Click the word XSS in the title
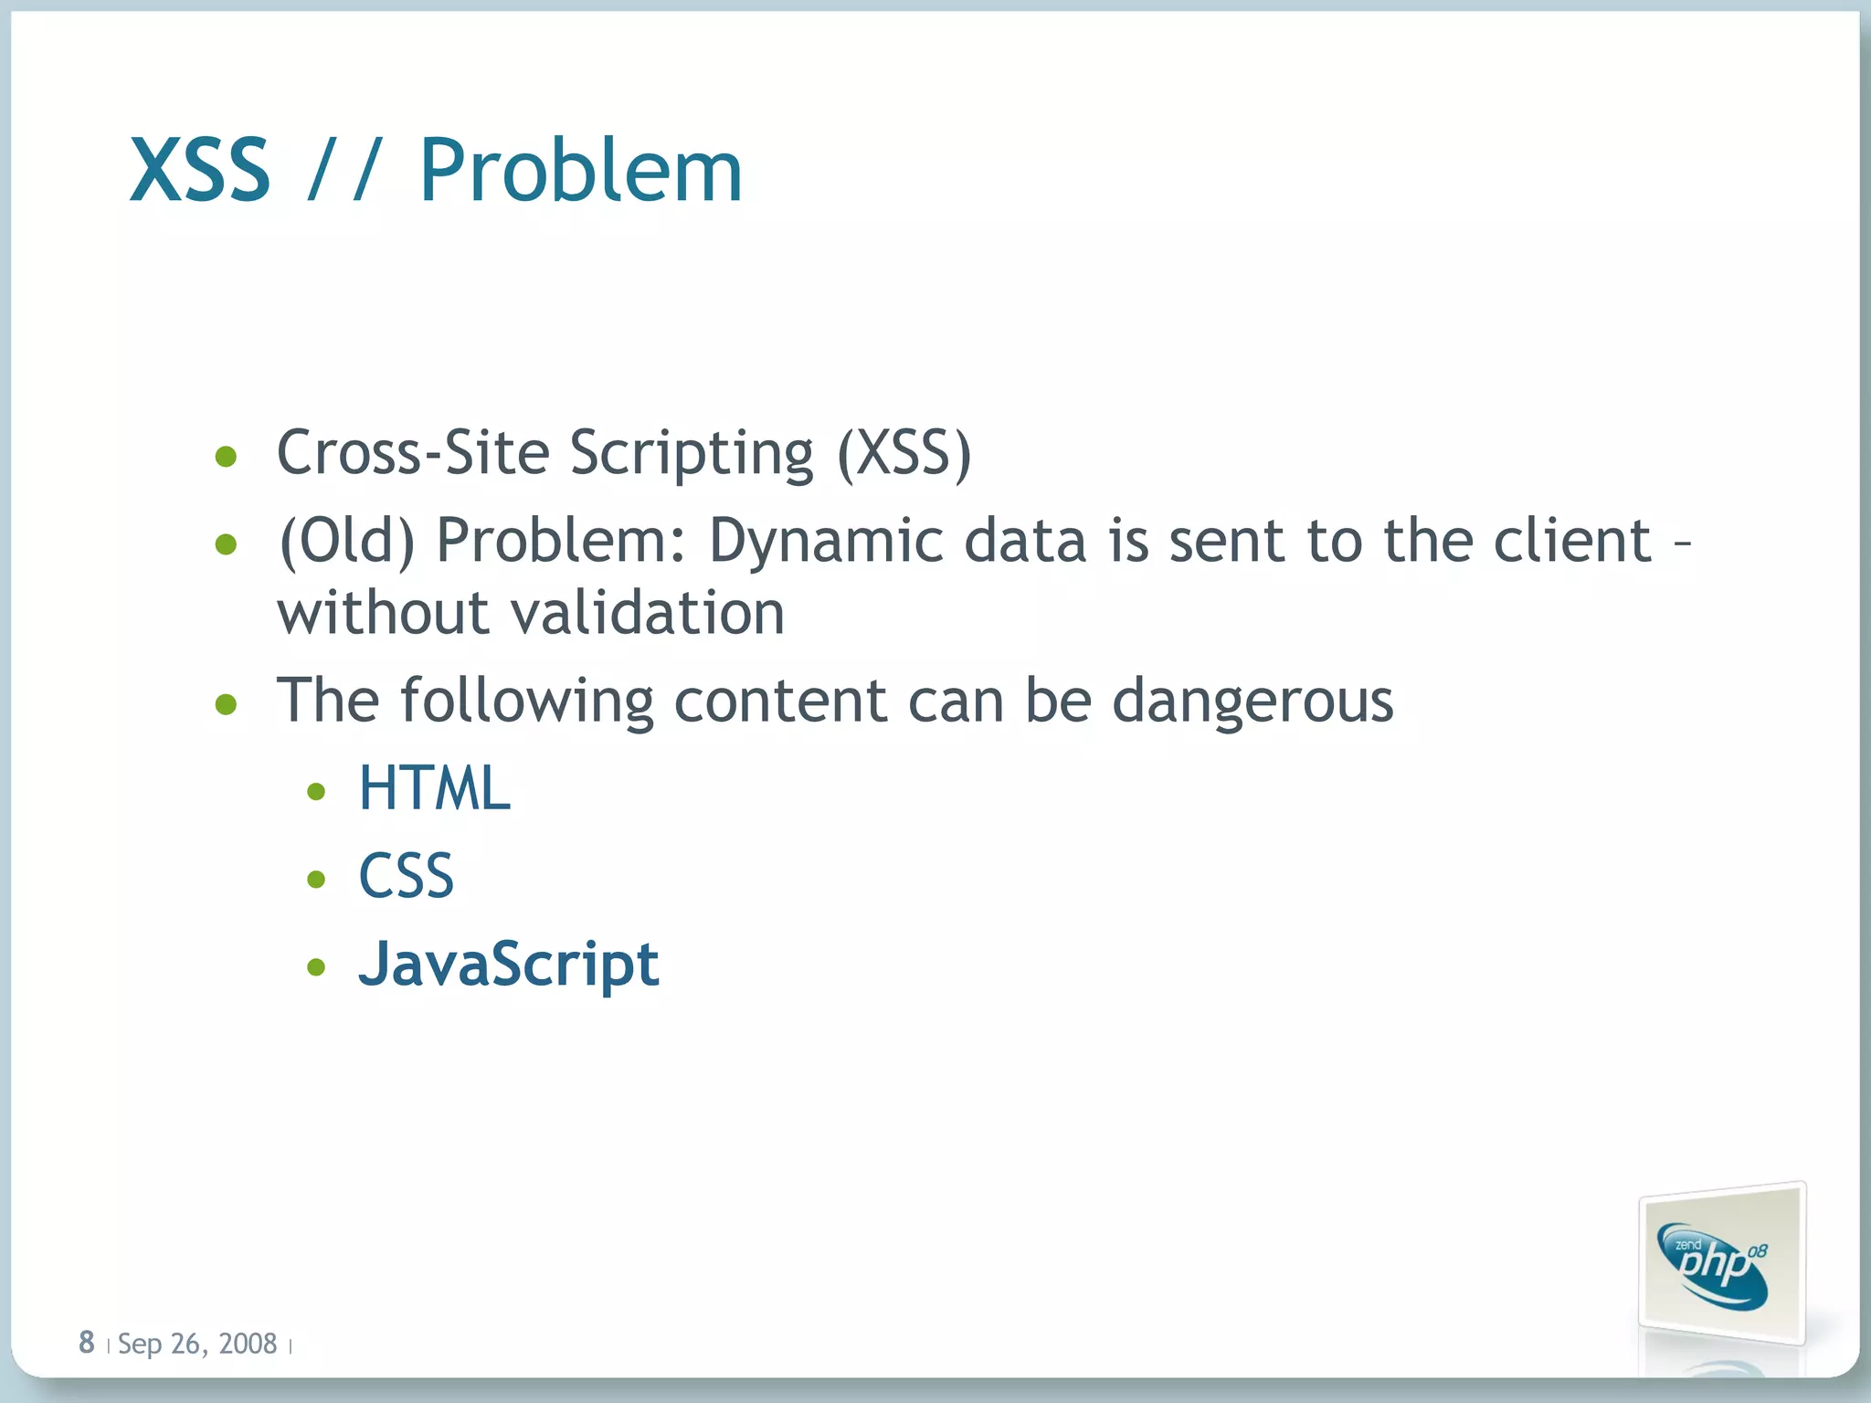200,171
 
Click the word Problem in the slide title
580,171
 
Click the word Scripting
691,455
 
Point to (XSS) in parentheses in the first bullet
904,453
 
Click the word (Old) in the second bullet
347,541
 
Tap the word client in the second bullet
1572,540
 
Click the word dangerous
1253,702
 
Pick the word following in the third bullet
527,702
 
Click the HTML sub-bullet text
434,789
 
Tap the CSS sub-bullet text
406,877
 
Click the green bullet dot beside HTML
316,792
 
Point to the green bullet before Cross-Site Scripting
226,456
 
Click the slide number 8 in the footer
87,1343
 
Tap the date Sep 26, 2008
197,1344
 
